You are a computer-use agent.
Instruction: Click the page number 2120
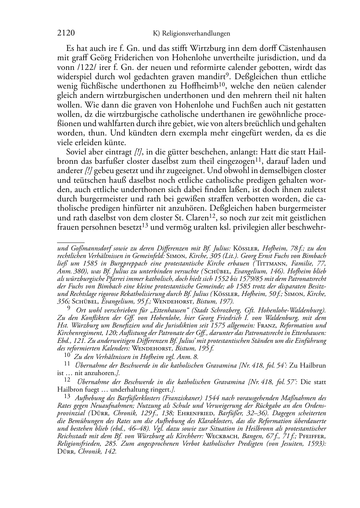tap(66, 33)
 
